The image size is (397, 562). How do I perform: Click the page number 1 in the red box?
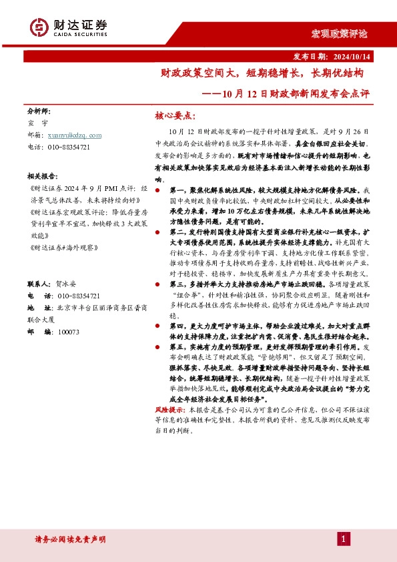click(343, 539)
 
